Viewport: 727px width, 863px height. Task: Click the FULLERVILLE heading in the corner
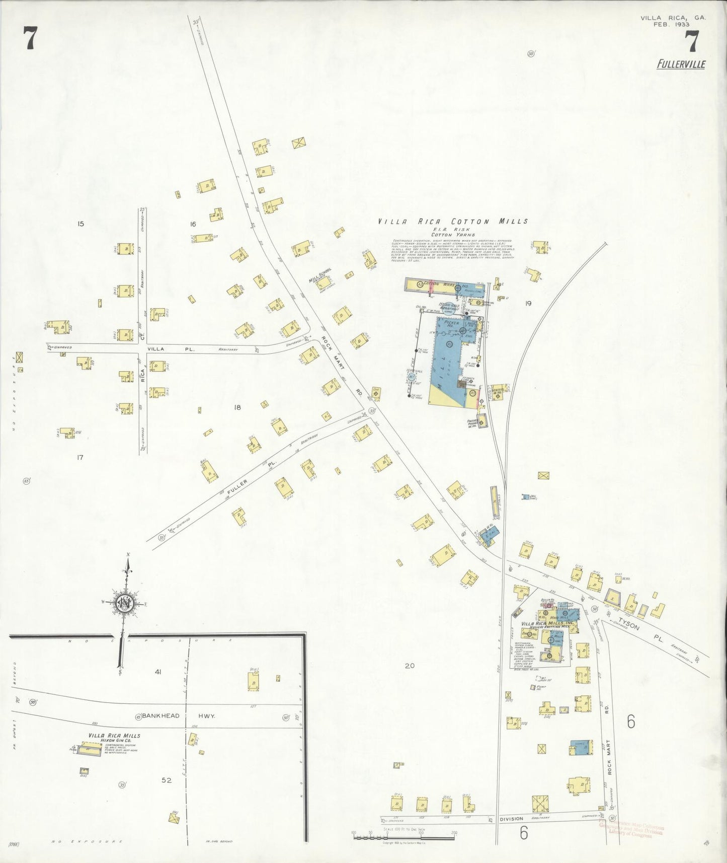pos(681,64)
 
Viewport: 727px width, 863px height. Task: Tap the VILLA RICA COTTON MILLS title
pos(453,221)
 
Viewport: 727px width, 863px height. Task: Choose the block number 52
pos(167,780)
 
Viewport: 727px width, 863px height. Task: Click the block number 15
pos(80,224)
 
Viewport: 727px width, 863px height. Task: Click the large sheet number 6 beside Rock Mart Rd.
pos(631,722)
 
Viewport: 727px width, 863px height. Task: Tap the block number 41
pos(158,672)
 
